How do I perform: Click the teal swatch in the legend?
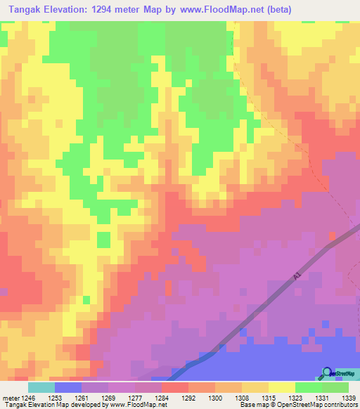tap(41, 387)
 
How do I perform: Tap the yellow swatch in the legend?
tap(281, 387)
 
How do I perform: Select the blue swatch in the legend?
tap(67, 387)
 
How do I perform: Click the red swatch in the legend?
tap(174, 387)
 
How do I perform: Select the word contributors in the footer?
tap(340, 405)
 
